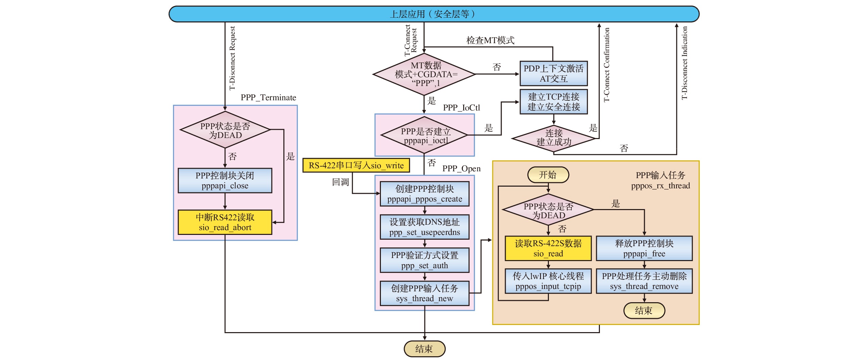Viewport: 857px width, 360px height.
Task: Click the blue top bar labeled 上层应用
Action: pyautogui.click(x=434, y=14)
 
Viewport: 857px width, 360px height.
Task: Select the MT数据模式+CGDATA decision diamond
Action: pyautogui.click(x=424, y=74)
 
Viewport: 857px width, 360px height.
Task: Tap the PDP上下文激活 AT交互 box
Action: pyautogui.click(x=553, y=73)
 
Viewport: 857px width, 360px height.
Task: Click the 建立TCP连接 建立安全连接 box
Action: pyautogui.click(x=553, y=102)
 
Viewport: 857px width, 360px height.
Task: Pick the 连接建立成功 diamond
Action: pyautogui.click(x=554, y=138)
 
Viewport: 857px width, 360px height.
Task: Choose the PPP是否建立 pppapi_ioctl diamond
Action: pyautogui.click(x=424, y=135)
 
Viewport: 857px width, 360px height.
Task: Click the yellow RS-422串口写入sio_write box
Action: pyautogui.click(x=356, y=166)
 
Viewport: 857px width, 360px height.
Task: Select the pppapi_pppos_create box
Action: pyautogui.click(x=424, y=194)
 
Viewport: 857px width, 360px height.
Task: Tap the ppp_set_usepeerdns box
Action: pyautogui.click(x=424, y=227)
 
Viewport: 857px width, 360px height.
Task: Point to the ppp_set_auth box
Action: pyautogui.click(x=424, y=260)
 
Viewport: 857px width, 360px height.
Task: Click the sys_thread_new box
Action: pyautogui.click(x=424, y=293)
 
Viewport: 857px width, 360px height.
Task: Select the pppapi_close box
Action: pyautogui.click(x=225, y=181)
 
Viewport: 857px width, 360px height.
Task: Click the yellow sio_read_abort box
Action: pyautogui.click(x=225, y=222)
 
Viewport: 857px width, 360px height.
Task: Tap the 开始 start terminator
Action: pyautogui.click(x=548, y=175)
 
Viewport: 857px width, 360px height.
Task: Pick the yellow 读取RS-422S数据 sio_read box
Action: pyautogui.click(x=548, y=248)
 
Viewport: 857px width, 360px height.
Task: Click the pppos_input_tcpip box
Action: pyautogui.click(x=548, y=281)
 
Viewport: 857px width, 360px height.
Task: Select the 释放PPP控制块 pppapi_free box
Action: pyautogui.click(x=644, y=248)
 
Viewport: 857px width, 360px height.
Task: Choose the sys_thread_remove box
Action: pyautogui.click(x=644, y=281)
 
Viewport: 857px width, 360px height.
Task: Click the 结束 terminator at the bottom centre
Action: pyautogui.click(x=424, y=349)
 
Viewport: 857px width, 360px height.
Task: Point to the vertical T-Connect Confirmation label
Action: pyautogui.click(x=607, y=65)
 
